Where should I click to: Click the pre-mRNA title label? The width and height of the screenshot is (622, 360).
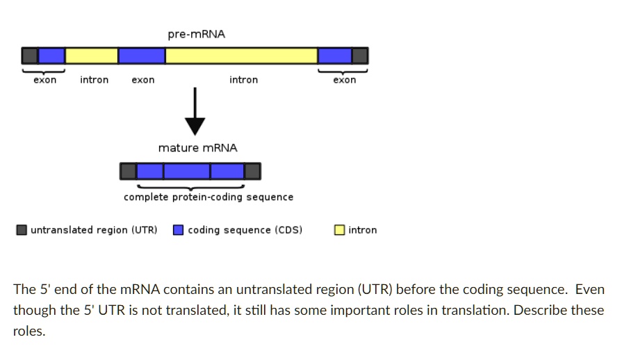[x=197, y=35]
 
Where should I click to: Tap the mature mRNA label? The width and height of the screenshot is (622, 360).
[x=197, y=148]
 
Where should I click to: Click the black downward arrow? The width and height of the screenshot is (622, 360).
[x=195, y=111]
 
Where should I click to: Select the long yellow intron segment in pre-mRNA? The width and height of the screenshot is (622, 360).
[x=241, y=56]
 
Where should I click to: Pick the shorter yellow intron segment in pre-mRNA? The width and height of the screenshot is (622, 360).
[x=92, y=56]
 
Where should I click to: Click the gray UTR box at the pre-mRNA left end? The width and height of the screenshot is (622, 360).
[x=30, y=56]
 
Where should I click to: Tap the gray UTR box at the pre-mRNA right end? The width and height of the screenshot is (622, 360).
[x=360, y=56]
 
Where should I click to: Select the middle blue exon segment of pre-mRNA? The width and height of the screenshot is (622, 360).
[x=142, y=56]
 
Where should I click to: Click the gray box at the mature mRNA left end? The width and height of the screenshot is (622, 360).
[x=128, y=171]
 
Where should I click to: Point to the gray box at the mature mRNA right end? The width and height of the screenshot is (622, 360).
[x=253, y=171]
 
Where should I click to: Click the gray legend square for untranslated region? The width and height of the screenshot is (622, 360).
[x=22, y=230]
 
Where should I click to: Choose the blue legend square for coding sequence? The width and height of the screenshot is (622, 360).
[x=179, y=230]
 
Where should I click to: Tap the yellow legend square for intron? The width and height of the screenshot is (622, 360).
[x=340, y=230]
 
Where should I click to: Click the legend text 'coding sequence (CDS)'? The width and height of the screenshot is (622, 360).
[x=245, y=230]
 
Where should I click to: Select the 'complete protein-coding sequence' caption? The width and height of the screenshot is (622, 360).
[x=208, y=197]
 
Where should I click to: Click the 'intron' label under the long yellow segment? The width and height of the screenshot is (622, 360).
[x=243, y=80]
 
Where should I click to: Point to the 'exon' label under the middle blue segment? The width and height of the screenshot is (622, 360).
[x=142, y=80]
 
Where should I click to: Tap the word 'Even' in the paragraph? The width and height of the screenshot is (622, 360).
[x=590, y=289]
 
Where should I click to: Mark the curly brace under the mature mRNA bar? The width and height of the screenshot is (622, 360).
[x=191, y=187]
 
